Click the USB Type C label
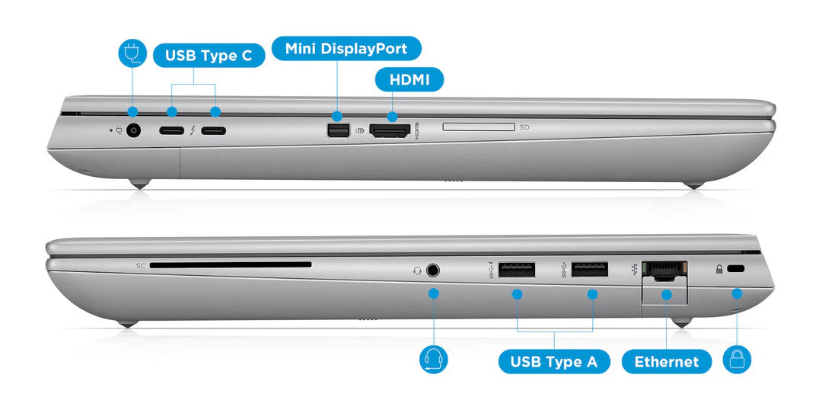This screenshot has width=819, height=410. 209,56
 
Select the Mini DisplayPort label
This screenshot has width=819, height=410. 346,49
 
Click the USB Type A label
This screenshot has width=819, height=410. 553,361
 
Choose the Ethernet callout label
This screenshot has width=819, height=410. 666,361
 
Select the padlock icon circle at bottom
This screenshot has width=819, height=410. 737,359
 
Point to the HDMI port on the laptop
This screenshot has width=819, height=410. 390,131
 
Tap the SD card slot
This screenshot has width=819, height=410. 478,127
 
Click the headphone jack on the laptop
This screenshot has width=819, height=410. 434,270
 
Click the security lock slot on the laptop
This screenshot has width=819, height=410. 736,269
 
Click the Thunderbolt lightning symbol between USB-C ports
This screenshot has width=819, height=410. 193,130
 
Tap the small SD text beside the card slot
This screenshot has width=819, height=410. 524,127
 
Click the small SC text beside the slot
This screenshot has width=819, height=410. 140,266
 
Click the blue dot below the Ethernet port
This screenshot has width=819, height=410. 667,294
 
